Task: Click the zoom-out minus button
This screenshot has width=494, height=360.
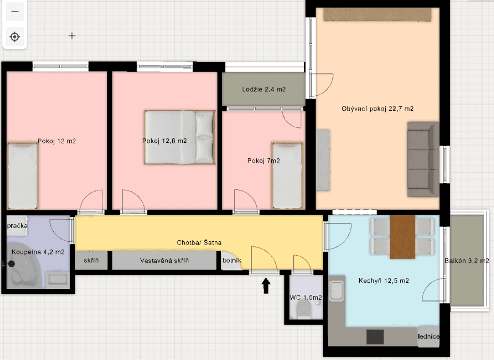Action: point(15,12)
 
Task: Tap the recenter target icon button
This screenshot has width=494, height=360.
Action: point(15,36)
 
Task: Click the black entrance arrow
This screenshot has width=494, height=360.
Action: point(266,286)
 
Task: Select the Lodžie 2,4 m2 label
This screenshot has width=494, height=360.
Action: point(264,90)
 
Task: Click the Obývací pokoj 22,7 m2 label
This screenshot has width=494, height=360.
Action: point(377,109)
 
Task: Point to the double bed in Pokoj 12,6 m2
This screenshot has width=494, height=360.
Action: point(179,137)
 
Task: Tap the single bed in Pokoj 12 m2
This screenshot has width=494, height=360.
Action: point(22,176)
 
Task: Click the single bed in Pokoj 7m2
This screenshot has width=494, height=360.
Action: point(287,175)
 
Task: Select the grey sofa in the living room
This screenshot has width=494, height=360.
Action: point(422,159)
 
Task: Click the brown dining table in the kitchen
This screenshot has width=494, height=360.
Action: point(402,237)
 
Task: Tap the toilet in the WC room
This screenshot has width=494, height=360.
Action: point(304,310)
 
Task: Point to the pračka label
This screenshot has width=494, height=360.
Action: point(17,226)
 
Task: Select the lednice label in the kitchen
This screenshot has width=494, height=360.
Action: point(429,336)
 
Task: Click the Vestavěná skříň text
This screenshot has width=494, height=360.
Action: point(164,261)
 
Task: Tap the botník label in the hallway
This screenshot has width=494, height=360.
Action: point(232,260)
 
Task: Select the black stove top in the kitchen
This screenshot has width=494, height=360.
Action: point(375,336)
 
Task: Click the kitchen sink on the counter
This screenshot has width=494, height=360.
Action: point(337,291)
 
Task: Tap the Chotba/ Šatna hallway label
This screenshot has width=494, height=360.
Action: point(199,243)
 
